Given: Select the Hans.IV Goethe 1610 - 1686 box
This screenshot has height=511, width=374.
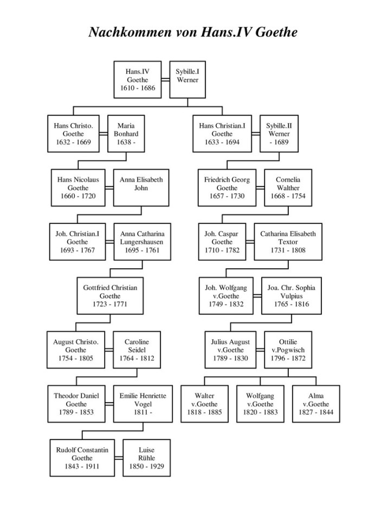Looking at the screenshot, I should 138,80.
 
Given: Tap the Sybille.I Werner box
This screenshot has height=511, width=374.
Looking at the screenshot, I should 188,80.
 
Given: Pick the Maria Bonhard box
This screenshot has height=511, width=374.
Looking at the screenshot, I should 126,134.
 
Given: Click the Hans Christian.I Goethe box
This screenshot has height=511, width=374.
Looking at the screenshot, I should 222,134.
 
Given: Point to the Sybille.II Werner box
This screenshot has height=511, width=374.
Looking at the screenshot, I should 279,134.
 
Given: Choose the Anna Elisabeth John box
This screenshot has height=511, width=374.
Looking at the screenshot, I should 141,187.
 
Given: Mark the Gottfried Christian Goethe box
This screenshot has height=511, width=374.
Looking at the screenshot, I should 111,296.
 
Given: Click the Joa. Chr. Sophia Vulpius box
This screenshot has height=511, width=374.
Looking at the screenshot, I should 288,296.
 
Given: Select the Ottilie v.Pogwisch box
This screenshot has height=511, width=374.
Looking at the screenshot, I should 288,350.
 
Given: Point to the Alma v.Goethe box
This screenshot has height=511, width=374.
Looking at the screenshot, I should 316,404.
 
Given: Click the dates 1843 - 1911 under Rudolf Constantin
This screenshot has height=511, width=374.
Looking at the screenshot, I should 82,466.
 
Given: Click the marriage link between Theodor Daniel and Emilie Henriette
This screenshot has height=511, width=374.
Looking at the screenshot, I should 109,404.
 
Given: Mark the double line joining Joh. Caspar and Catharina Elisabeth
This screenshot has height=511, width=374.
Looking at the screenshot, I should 250,242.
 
